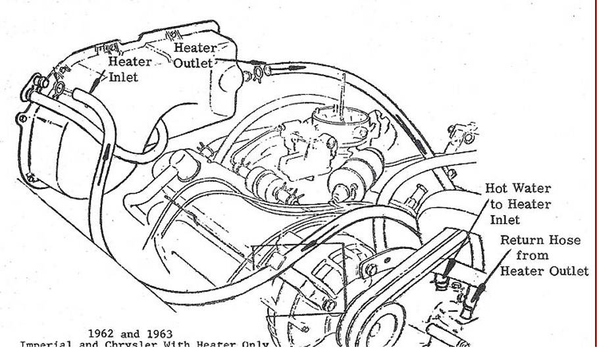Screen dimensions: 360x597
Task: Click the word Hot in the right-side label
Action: click(496, 188)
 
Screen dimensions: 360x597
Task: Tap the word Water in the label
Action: click(531, 188)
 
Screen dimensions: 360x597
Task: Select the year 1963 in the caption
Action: click(158, 334)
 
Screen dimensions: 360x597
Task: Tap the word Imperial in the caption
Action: click(44, 345)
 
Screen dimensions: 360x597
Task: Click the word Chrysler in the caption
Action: click(122, 345)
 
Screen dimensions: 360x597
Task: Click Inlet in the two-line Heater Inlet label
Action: click(123, 78)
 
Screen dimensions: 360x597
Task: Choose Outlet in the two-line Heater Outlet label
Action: click(193, 63)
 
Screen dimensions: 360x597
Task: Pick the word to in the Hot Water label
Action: click(494, 204)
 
